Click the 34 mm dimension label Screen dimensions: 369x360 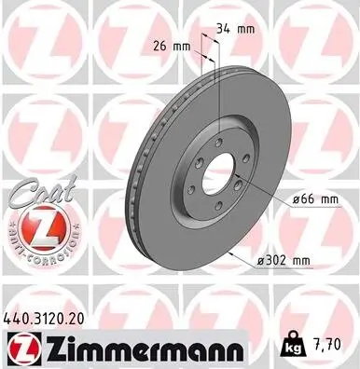coord(234,30)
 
